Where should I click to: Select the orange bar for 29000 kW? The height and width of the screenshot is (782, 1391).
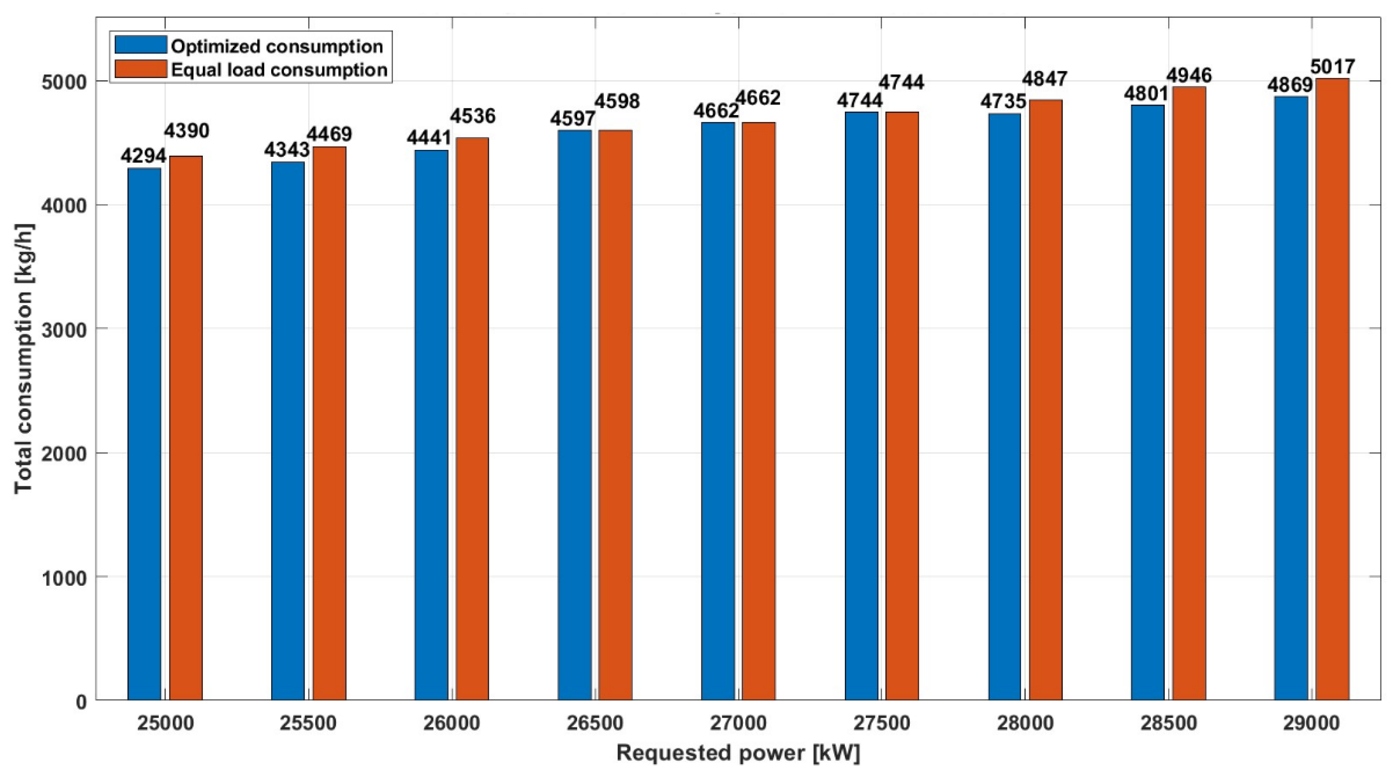pos(1332,389)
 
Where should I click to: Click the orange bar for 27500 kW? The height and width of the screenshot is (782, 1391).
pos(902,405)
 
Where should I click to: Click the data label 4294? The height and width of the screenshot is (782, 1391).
pos(143,156)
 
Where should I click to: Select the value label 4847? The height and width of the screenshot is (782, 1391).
pos(1045,79)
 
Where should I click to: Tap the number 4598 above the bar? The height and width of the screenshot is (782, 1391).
pos(617,101)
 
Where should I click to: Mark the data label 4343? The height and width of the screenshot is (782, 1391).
pos(287,150)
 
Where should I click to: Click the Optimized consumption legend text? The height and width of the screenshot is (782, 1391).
pos(277,46)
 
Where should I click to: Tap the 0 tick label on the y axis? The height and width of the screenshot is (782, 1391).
pos(81,702)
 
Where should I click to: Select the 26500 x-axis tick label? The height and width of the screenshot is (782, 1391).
pos(595,723)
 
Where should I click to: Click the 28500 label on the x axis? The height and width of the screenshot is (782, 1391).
pos(1169,723)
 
